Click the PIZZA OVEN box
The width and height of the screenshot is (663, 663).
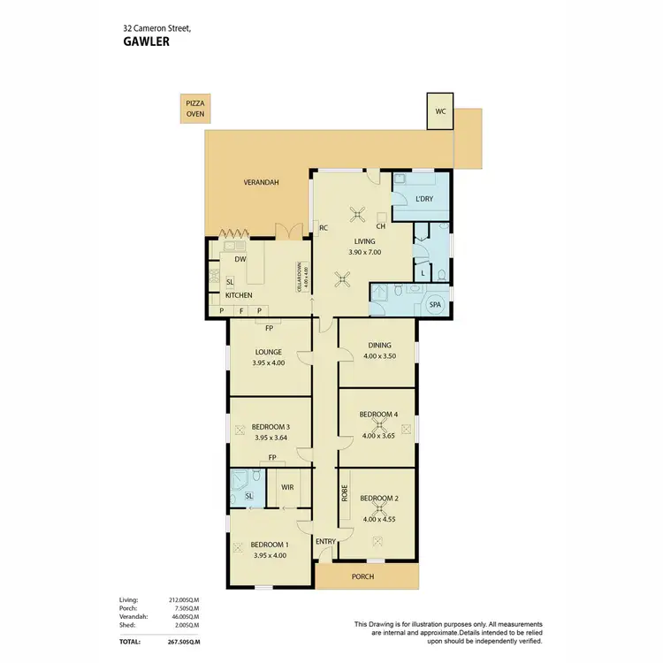[194, 109]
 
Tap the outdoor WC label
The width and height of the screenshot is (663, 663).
[439, 111]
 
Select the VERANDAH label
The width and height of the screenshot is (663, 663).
[261, 183]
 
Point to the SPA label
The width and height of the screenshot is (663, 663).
[435, 305]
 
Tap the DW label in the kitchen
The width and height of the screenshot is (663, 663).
[240, 260]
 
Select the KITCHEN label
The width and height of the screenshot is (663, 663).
[239, 295]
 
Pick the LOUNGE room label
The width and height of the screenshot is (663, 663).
[270, 352]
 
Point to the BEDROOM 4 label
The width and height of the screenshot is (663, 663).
[377, 415]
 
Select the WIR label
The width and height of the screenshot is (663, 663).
[287, 487]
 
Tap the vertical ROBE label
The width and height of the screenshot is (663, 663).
[345, 493]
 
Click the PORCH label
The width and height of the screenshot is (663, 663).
[362, 576]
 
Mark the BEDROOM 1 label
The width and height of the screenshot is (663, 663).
[270, 545]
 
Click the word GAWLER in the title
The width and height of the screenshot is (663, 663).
[146, 40]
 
